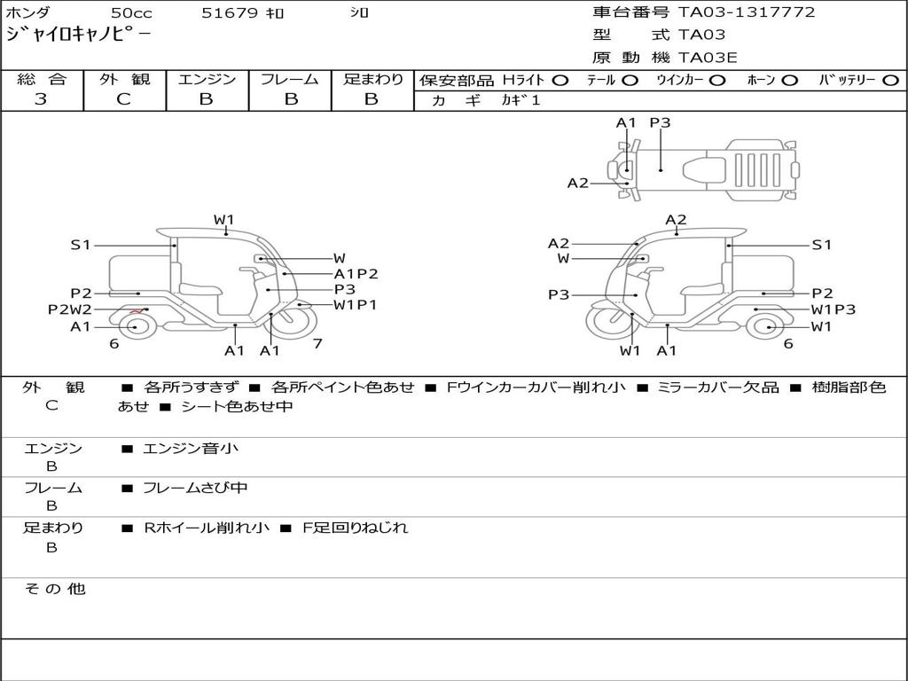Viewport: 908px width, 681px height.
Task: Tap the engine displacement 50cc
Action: point(131,13)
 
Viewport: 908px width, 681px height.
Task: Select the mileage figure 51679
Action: point(230,13)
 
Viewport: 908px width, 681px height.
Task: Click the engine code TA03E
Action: point(708,58)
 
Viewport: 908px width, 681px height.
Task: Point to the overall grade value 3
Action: point(41,99)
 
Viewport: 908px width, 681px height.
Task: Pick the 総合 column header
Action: point(42,79)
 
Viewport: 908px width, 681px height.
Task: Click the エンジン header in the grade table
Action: point(207,79)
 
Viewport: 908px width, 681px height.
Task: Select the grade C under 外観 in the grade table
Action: point(123,99)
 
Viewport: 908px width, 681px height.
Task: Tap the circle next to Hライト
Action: point(560,80)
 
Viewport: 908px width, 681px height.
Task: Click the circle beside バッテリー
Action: point(890,80)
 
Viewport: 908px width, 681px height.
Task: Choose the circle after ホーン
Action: point(789,80)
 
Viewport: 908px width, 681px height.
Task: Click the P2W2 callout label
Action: point(69,309)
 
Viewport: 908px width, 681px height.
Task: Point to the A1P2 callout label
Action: point(356,274)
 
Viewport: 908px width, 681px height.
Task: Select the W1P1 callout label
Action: point(355,305)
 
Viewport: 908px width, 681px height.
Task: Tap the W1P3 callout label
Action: point(834,309)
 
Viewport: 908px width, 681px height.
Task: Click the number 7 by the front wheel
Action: point(317,343)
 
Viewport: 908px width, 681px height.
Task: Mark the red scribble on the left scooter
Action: point(136,311)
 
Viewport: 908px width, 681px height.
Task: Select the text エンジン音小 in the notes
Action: point(191,449)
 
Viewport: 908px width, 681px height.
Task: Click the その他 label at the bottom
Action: point(54,589)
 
